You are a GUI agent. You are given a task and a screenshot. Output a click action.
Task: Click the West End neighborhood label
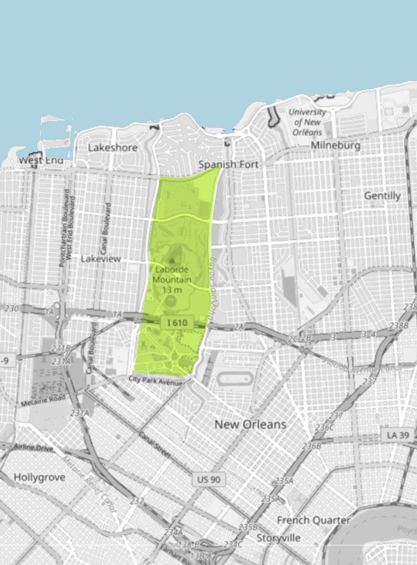[41, 160]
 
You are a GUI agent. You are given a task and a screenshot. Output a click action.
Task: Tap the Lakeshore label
[113, 148]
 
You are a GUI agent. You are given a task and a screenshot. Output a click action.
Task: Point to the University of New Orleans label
[308, 122]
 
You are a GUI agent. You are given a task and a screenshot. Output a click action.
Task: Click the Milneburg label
[335, 146]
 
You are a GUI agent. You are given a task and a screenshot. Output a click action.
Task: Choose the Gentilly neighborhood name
[382, 196]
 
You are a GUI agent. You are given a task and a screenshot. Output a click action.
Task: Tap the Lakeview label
[101, 259]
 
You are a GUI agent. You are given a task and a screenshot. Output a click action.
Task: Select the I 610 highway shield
[177, 323]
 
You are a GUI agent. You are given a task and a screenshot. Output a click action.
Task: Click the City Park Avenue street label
[156, 381]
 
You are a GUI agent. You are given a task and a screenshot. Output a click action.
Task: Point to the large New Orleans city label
[250, 424]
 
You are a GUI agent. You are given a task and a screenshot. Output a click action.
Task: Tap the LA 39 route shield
[397, 435]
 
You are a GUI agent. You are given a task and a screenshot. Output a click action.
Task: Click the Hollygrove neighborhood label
[40, 478]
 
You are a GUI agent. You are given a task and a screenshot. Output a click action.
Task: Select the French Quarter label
[313, 520]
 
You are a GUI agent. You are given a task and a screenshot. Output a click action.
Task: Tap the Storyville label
[278, 538]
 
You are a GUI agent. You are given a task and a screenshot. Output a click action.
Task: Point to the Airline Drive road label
[34, 448]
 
